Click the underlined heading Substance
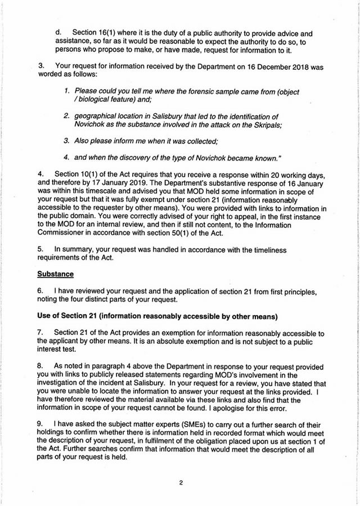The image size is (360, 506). [56, 275]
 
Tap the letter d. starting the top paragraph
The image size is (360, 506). [58, 34]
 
